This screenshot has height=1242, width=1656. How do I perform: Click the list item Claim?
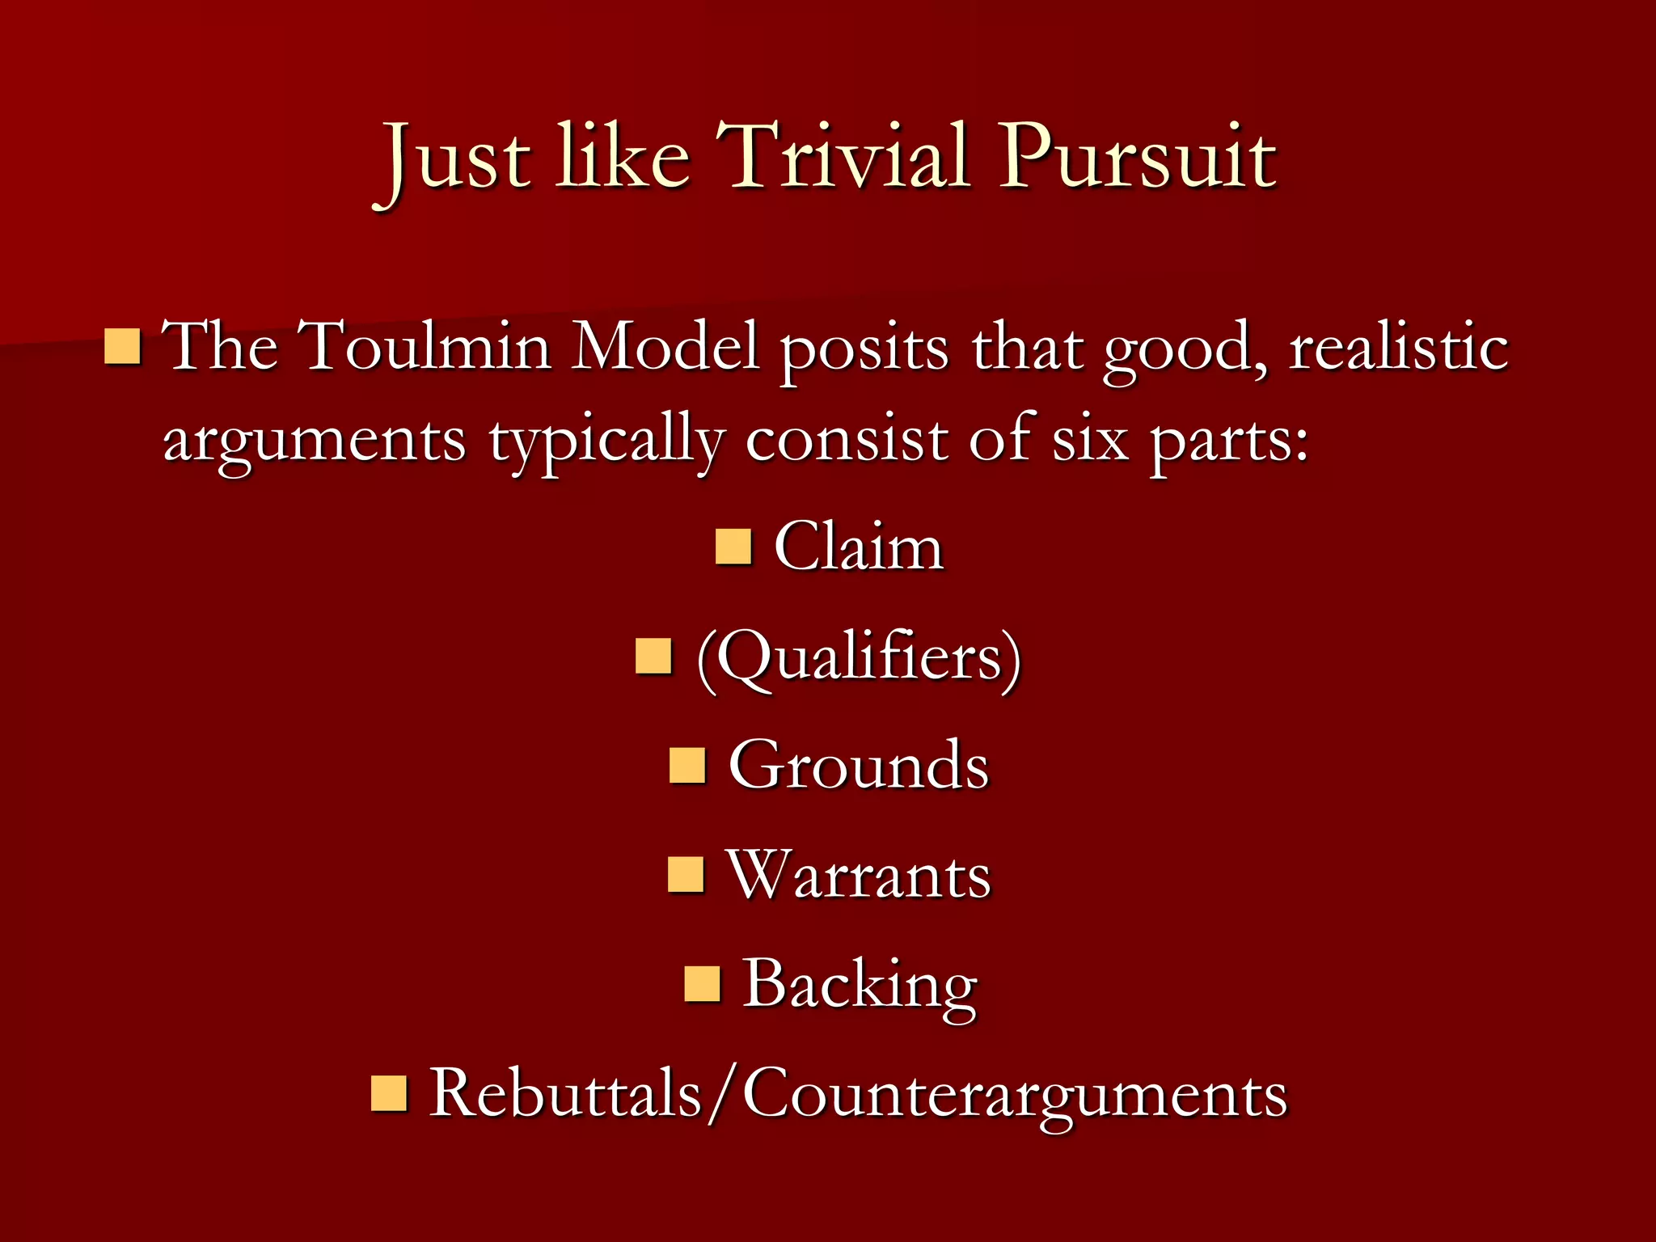point(859,547)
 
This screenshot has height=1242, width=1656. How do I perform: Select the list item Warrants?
point(859,875)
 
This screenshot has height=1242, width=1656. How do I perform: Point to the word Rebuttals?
point(565,1093)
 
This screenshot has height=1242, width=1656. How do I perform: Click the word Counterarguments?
point(1014,1095)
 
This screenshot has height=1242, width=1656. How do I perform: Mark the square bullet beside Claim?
point(734,547)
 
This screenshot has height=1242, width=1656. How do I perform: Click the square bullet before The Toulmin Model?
point(123,346)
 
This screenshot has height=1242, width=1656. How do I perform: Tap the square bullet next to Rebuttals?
point(389,1093)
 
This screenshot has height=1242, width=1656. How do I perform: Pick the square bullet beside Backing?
point(702,984)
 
